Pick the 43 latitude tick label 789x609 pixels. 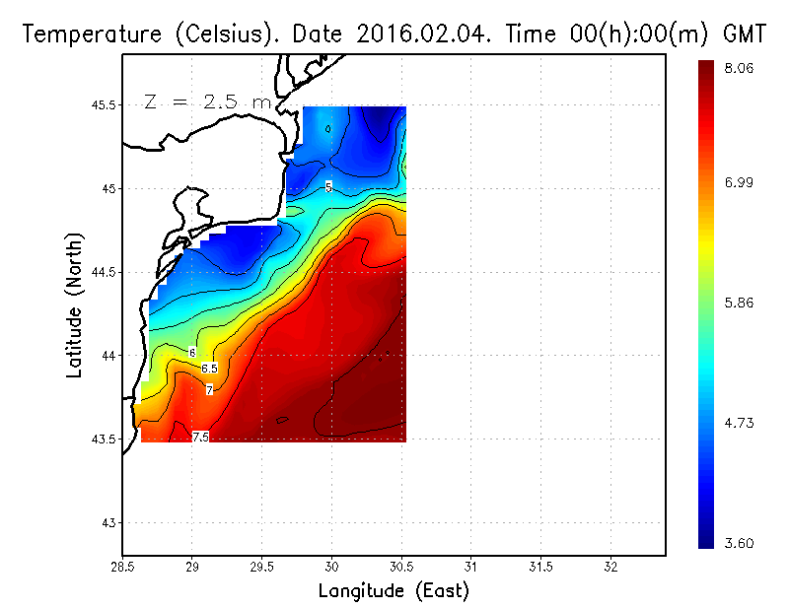(108, 522)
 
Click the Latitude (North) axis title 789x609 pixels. (74, 305)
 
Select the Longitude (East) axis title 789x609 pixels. (394, 591)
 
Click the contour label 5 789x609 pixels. (328, 186)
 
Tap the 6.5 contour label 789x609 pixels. (209, 369)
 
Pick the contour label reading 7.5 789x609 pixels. (200, 437)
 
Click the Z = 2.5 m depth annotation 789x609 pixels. (206, 102)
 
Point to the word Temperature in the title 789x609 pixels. (87, 34)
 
